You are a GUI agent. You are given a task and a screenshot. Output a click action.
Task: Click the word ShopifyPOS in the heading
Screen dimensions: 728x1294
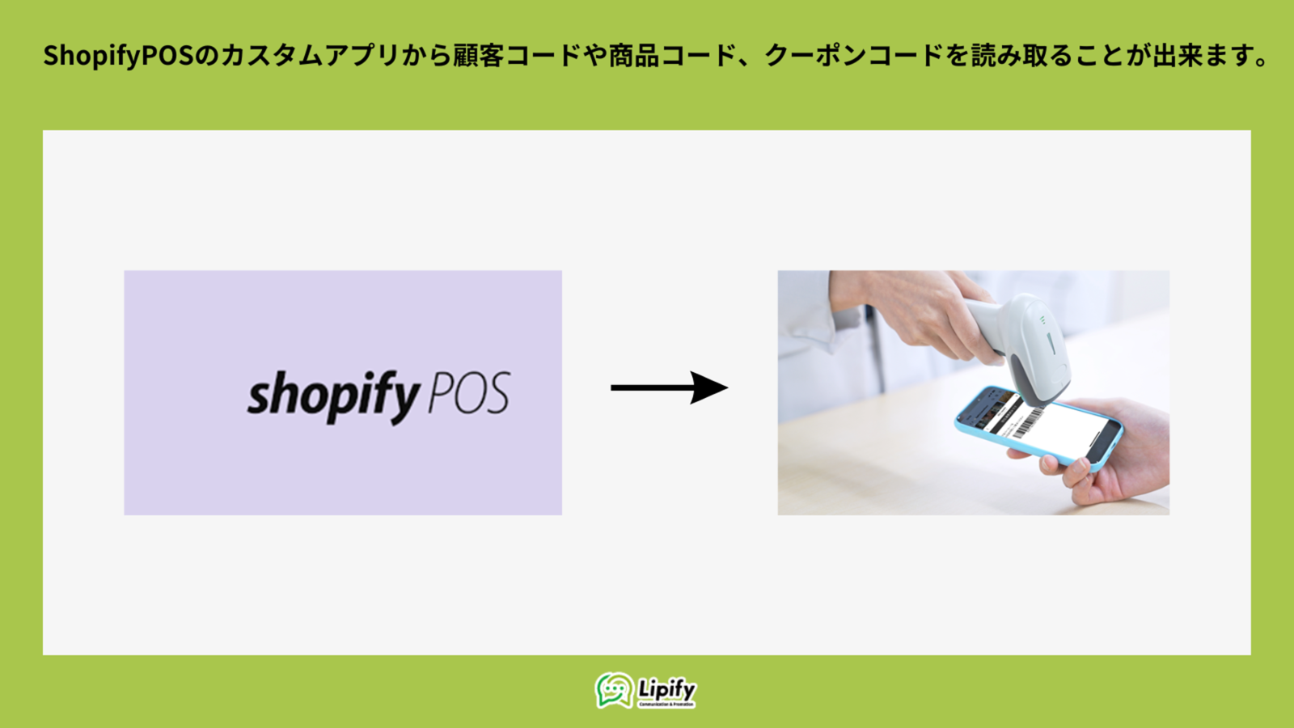[x=119, y=56]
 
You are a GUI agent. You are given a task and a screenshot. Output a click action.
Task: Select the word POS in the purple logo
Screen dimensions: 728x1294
[x=468, y=394]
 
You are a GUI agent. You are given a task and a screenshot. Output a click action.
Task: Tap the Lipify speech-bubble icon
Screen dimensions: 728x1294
[x=614, y=690]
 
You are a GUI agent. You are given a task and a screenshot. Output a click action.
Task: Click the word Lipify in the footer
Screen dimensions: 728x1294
[x=666, y=689]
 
